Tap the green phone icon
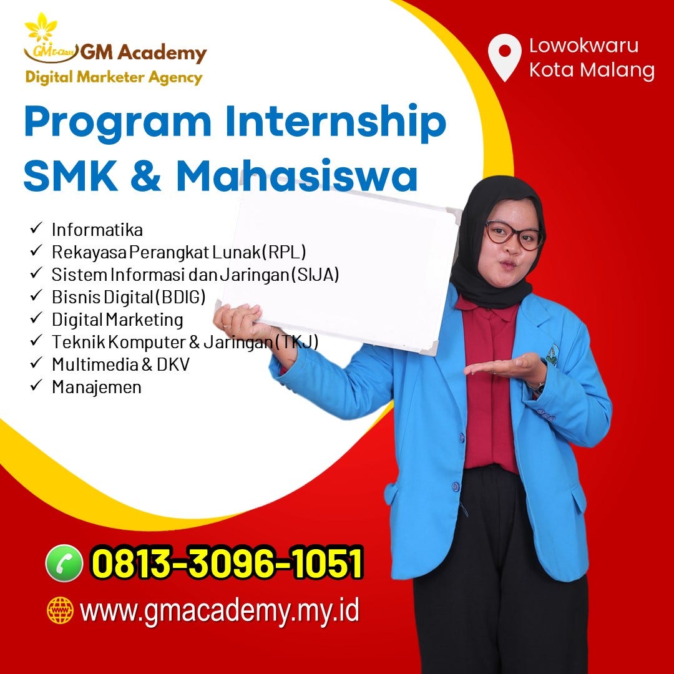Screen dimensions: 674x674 pos(64,563)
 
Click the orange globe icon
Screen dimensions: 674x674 pos(61,610)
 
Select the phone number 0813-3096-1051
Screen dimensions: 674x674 pos(227,563)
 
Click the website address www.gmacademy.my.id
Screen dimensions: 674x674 pos(220,610)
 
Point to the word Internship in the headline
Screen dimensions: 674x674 pos(336,124)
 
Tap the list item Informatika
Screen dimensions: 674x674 pos(97,230)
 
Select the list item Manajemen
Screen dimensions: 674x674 pos(96,387)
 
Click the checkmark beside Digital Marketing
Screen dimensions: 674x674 pos(35,319)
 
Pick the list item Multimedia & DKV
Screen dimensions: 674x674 pos(120,364)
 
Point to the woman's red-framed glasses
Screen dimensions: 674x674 pos(513,235)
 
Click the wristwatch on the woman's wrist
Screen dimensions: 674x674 pos(537,387)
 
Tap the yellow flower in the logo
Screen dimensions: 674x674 pos(41,27)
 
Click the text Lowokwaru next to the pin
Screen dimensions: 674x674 pos(584,46)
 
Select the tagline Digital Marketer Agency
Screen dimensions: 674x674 pos(114,77)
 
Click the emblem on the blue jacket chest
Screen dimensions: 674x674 pos(552,354)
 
